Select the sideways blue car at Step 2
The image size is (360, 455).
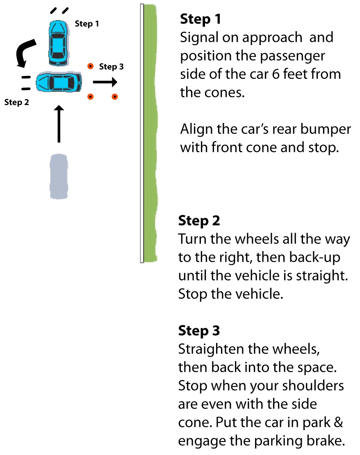[x=59, y=82]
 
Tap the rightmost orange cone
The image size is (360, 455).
[x=115, y=97]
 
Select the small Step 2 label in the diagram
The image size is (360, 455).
[x=17, y=102]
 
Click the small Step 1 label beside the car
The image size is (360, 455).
[x=87, y=24]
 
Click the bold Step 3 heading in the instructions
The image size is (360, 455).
[x=199, y=330]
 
